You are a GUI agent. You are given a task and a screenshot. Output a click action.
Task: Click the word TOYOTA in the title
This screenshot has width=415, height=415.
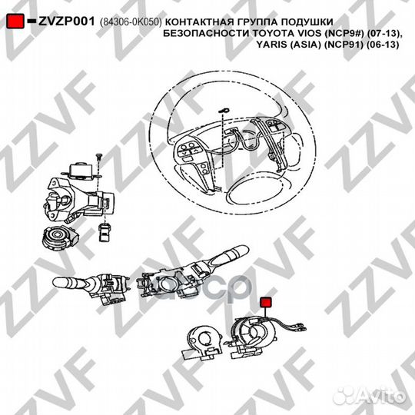point(272,35)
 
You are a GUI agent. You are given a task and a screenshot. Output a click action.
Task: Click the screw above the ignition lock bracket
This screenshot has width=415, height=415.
point(100,157)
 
